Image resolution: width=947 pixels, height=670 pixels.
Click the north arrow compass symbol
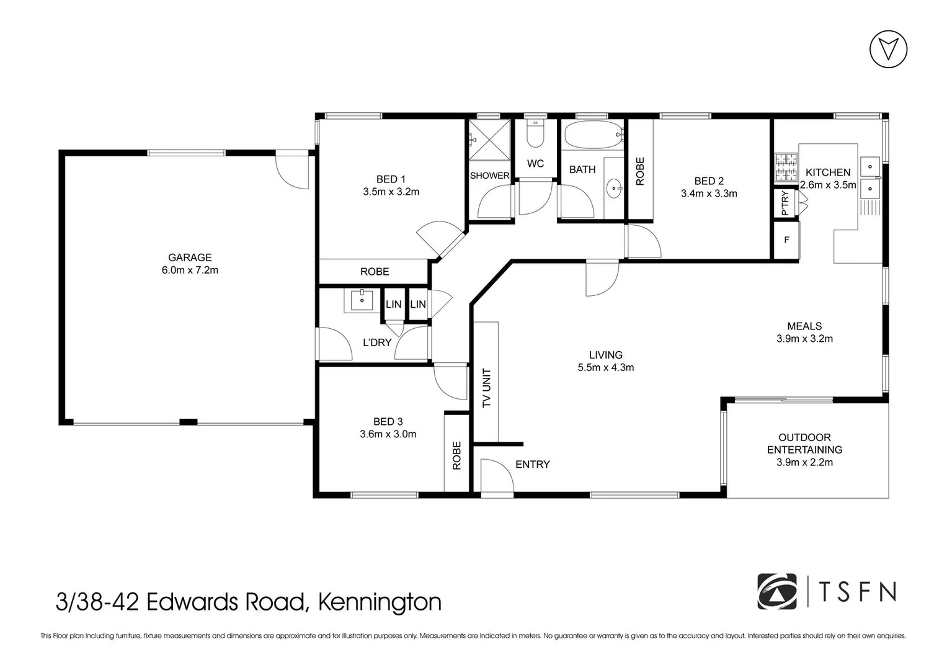[x=888, y=49]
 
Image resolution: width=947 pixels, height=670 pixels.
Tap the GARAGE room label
[x=190, y=257]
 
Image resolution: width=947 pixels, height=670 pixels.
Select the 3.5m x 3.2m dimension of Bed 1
[x=391, y=192]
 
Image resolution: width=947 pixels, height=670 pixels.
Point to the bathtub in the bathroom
[x=592, y=134]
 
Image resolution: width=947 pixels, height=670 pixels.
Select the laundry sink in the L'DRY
[x=362, y=300]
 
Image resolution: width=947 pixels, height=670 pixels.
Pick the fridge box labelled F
[x=786, y=240]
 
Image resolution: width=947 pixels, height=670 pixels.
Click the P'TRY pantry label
[x=785, y=203]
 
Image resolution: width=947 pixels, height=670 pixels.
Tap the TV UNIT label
[x=487, y=388]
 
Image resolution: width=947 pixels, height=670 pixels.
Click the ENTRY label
[x=532, y=465]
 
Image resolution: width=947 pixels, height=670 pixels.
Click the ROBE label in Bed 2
[x=640, y=171]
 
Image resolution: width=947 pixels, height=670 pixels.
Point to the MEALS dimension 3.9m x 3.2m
[x=804, y=339]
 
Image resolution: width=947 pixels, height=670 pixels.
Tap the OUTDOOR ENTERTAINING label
[x=804, y=444]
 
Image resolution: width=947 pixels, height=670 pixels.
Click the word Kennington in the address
[x=380, y=602]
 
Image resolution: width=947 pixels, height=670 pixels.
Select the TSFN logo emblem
[x=776, y=592]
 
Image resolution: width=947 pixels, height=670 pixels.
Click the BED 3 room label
[x=388, y=422]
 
